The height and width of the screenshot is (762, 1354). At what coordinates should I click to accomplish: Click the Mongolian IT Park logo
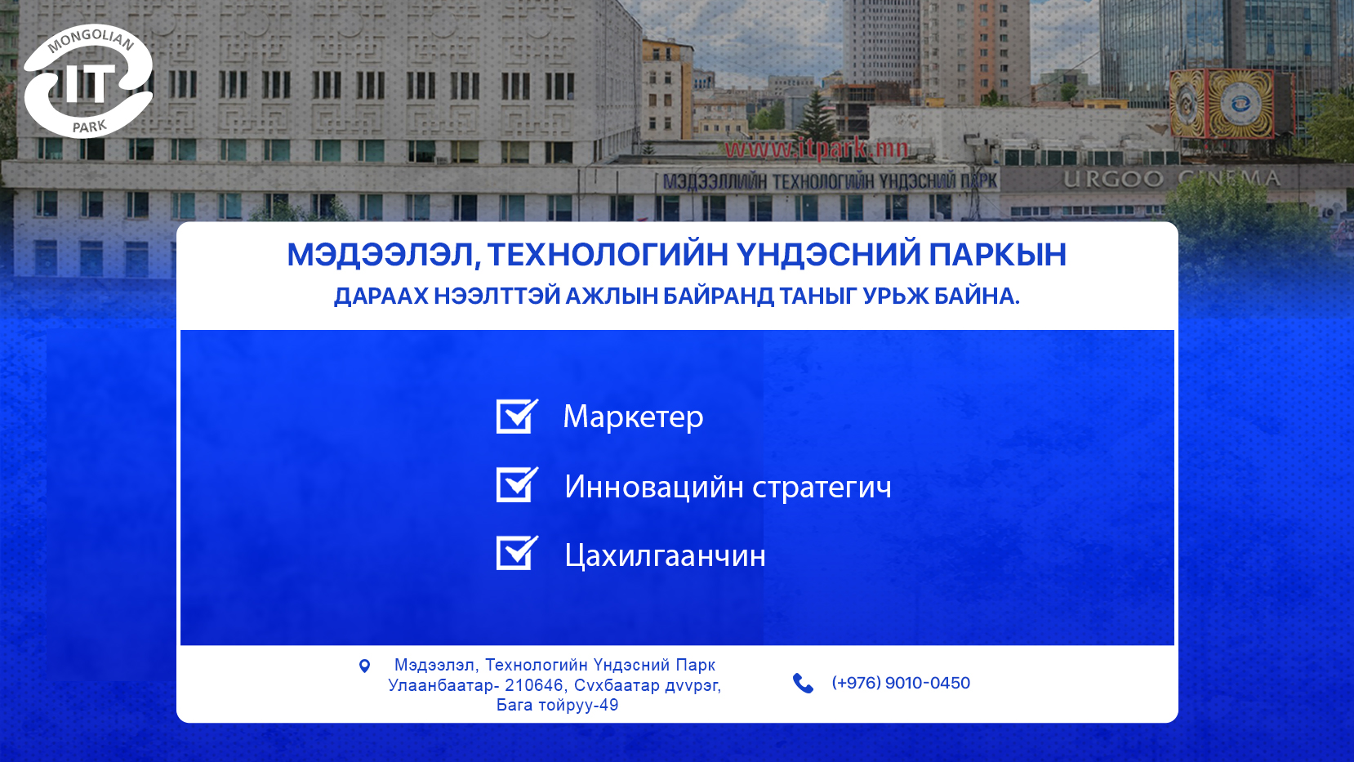pyautogui.click(x=88, y=82)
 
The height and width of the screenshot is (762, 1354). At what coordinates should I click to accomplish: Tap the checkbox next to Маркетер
pyautogui.click(x=516, y=417)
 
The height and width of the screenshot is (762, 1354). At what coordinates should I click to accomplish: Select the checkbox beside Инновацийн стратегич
pyautogui.click(x=516, y=484)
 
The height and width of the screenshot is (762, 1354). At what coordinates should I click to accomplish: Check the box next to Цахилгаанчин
pyautogui.click(x=516, y=553)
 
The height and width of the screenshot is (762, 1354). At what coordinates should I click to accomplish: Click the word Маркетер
pyautogui.click(x=633, y=417)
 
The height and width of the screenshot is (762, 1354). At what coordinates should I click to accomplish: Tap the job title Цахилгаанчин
pyautogui.click(x=665, y=555)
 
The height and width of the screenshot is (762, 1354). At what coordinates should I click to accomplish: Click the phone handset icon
pyautogui.click(x=803, y=684)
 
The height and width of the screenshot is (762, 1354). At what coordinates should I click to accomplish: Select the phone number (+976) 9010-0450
pyautogui.click(x=901, y=683)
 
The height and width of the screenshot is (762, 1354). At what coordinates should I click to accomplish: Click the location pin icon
pyautogui.click(x=364, y=666)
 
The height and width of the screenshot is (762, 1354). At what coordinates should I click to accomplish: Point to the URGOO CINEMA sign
pyautogui.click(x=1171, y=178)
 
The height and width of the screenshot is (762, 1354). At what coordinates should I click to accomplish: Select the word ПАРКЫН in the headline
pyautogui.click(x=997, y=254)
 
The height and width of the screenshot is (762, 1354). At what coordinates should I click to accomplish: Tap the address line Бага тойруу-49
pyautogui.click(x=557, y=705)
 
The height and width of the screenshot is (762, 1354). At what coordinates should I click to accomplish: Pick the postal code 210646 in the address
pyautogui.click(x=534, y=685)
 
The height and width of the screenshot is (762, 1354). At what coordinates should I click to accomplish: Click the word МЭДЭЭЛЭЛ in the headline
pyautogui.click(x=383, y=254)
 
